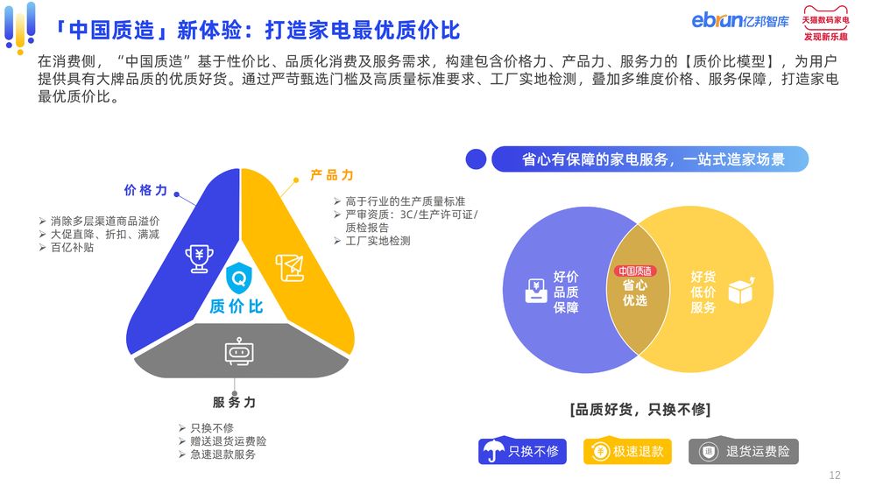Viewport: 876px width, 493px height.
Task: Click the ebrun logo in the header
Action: click(740, 20)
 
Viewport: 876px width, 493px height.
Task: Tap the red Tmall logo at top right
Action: click(826, 23)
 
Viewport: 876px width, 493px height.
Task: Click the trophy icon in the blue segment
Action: click(200, 258)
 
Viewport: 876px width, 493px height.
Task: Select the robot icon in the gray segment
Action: click(239, 352)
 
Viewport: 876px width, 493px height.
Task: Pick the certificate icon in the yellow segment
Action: click(290, 267)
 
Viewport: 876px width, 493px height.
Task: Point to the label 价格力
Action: click(145, 190)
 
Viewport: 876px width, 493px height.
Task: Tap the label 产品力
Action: click(332, 175)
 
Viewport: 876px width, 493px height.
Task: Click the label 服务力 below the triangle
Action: click(234, 402)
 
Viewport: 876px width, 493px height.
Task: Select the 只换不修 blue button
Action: click(522, 451)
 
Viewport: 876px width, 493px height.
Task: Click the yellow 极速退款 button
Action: click(627, 451)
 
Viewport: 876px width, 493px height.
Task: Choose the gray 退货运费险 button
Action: click(744, 451)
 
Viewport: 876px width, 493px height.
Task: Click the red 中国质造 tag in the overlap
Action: click(635, 271)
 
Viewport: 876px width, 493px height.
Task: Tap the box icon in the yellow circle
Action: click(741, 291)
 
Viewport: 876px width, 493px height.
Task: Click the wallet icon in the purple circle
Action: click(536, 291)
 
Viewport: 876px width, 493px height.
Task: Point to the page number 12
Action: click(835, 475)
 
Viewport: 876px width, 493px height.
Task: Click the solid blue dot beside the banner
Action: click(476, 159)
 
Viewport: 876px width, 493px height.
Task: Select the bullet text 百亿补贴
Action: click(72, 247)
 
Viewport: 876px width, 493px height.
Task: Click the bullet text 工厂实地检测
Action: click(378, 241)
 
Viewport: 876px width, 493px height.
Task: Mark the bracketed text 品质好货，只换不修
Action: click(640, 410)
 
